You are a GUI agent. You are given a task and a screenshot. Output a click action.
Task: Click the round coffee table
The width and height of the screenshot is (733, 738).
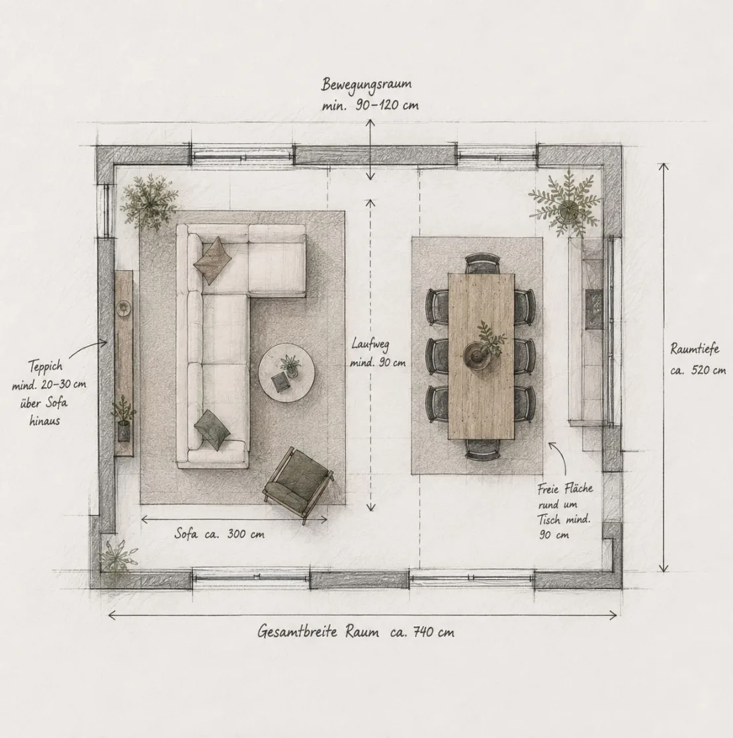(286, 373)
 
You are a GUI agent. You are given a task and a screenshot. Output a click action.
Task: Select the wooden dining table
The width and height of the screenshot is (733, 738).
(481, 356)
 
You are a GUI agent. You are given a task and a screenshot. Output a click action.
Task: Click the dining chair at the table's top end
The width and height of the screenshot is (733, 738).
(482, 263)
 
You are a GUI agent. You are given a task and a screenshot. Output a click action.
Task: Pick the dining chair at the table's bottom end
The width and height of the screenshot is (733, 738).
(482, 448)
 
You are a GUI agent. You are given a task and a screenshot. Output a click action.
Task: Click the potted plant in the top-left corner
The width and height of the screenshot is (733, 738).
(149, 203)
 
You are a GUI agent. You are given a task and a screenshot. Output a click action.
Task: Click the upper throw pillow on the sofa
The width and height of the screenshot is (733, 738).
(212, 260)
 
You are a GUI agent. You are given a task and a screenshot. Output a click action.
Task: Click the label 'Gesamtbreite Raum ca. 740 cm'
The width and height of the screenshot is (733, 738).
(356, 631)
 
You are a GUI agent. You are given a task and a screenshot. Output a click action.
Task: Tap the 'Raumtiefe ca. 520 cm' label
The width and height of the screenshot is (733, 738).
(697, 359)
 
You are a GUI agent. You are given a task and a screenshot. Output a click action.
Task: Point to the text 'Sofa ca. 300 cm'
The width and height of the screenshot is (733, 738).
(219, 534)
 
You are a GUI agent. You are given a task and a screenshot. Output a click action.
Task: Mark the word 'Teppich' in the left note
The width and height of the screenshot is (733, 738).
(45, 366)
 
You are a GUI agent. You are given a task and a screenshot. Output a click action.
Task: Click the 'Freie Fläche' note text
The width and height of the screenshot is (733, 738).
(565, 488)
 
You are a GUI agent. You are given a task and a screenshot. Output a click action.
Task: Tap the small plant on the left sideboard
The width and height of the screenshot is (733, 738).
(123, 418)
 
